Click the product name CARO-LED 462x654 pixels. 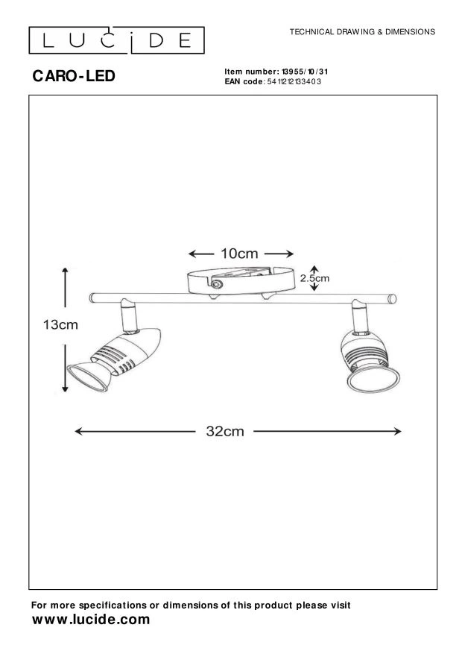[74, 76]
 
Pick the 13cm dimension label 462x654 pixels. [42, 325]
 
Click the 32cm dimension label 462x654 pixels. [225, 432]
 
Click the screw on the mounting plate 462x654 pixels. [217, 284]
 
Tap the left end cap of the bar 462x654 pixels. [90, 298]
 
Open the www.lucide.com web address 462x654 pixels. [91, 620]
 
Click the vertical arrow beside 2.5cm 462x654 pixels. [314, 278]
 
